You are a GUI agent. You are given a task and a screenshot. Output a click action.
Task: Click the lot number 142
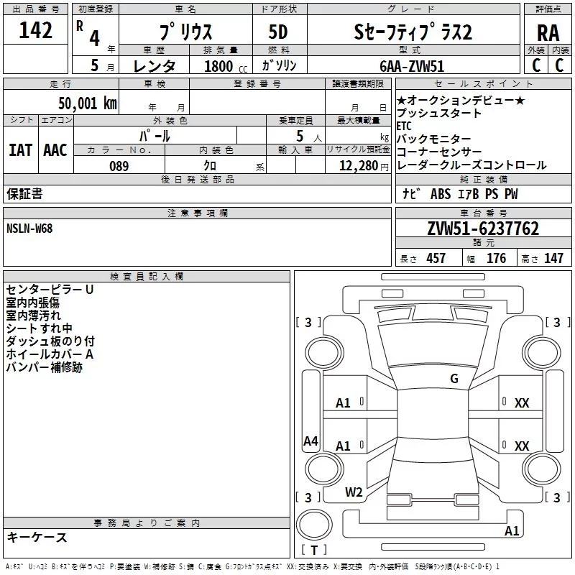click(x=35, y=30)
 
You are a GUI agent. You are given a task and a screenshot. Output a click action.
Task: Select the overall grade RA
click(x=548, y=33)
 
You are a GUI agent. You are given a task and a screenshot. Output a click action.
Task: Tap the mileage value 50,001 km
click(x=88, y=103)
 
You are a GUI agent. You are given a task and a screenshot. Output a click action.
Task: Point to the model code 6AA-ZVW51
click(x=412, y=66)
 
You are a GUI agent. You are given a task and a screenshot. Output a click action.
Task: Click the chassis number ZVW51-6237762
click(x=483, y=229)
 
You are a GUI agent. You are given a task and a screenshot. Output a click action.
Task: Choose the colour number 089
click(x=119, y=166)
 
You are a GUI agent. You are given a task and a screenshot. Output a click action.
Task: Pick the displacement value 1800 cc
click(x=226, y=66)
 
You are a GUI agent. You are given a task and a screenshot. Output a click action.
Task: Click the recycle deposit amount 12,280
click(x=358, y=166)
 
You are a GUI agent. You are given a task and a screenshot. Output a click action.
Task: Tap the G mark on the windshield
click(x=454, y=379)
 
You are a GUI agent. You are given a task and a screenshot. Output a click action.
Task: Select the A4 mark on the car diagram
click(x=310, y=441)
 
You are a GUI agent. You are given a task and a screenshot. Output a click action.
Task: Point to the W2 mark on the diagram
click(x=354, y=492)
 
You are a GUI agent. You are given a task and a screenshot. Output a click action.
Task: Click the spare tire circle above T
click(x=314, y=525)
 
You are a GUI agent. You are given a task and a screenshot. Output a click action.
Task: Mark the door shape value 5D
click(x=278, y=32)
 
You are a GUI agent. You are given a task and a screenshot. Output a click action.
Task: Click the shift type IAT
click(x=21, y=150)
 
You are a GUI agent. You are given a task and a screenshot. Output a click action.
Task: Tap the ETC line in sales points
click(x=404, y=126)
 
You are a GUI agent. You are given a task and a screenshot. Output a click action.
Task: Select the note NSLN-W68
click(x=29, y=229)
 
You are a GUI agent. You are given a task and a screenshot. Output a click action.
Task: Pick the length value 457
click(x=436, y=258)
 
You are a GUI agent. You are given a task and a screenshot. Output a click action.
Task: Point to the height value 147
click(x=553, y=258)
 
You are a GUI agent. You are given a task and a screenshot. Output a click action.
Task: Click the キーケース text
click(x=37, y=537)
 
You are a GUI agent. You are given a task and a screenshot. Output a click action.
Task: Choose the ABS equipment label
click(x=441, y=194)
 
